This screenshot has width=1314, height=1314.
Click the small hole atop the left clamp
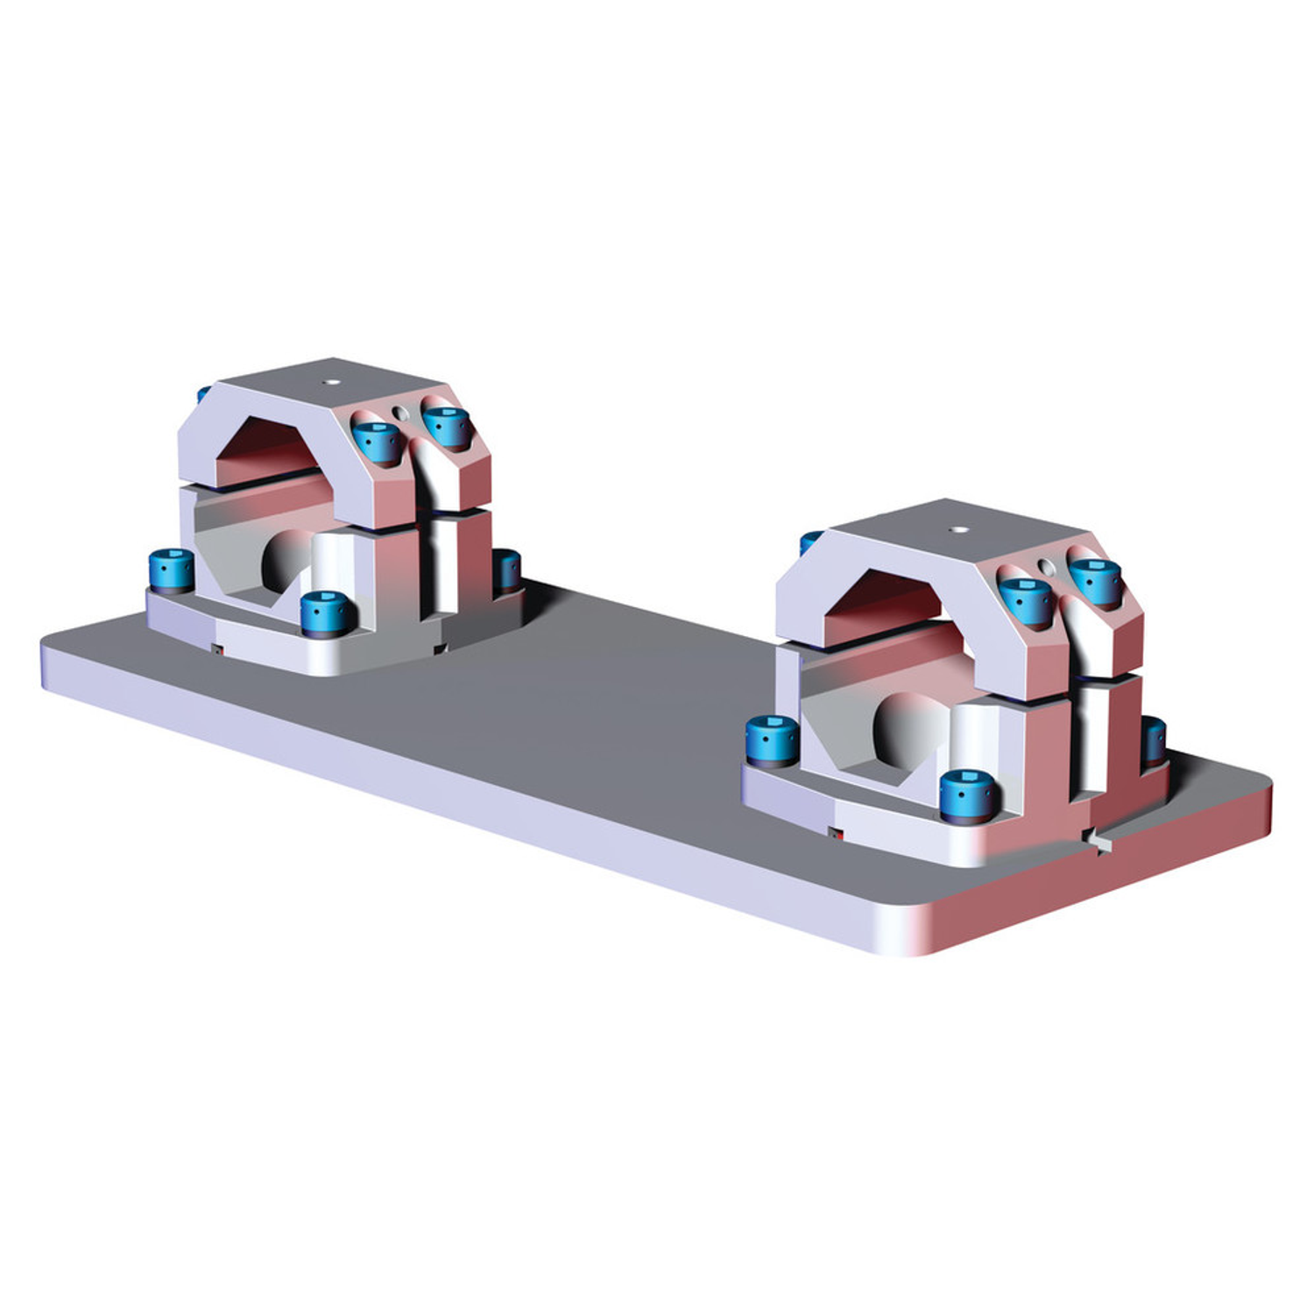point(330,383)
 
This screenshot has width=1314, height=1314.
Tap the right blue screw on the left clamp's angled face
point(448,425)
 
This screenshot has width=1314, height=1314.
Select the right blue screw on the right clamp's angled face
point(1094,579)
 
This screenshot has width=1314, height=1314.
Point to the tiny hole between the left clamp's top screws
point(400,413)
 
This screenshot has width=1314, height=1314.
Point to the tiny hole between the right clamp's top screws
point(1047,568)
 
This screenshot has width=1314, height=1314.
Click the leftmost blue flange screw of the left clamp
point(171,569)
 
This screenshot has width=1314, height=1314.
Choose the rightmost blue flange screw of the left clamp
point(507,569)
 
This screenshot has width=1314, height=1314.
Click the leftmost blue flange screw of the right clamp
point(772,738)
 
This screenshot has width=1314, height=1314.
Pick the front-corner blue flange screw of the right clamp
point(969,794)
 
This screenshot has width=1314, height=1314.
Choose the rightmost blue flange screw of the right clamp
point(1154,738)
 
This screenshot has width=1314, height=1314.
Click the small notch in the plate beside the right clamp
point(1096,842)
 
